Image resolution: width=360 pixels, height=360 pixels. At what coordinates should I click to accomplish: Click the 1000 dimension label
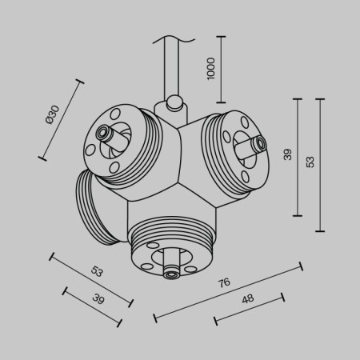pyautogui.click(x=211, y=69)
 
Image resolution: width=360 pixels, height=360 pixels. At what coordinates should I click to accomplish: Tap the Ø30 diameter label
pyautogui.click(x=50, y=115)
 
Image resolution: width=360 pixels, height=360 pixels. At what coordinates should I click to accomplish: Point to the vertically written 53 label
pyautogui.click(x=310, y=162)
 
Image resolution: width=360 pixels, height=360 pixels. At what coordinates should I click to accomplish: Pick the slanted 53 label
pyautogui.click(x=96, y=271)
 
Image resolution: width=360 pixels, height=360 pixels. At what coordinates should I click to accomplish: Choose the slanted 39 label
pyautogui.click(x=98, y=299)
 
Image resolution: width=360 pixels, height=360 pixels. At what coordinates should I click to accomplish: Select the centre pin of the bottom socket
pyautogui.click(x=170, y=273)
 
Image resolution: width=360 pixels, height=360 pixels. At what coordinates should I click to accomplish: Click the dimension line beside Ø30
pyautogui.click(x=59, y=120)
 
